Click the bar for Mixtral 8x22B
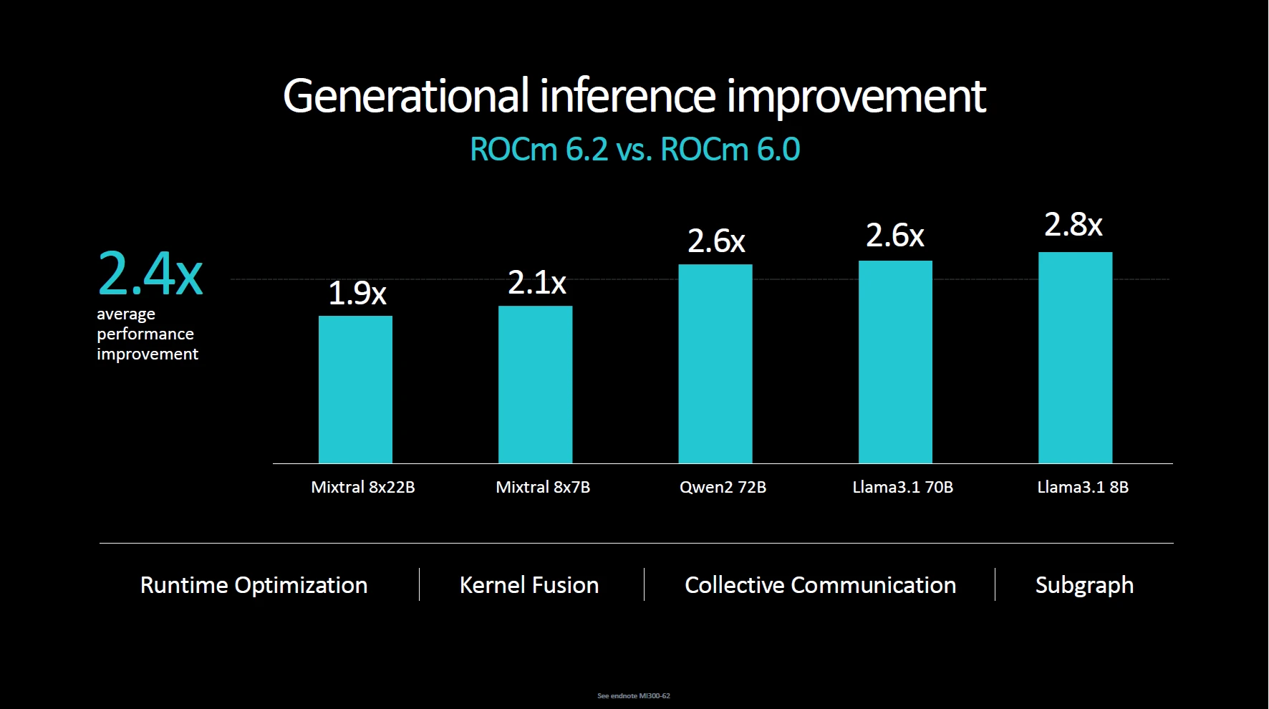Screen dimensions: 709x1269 355,390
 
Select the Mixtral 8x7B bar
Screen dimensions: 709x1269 535,385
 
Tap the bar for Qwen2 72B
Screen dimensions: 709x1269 715,364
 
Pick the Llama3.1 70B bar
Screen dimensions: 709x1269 895,362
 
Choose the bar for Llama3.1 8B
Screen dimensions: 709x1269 1075,357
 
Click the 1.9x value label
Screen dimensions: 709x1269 357,294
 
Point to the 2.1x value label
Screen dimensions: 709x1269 536,284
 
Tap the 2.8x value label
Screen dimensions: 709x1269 1073,225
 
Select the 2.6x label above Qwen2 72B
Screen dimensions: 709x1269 716,241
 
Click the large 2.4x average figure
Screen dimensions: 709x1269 150,274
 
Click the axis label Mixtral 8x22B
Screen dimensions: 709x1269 362,488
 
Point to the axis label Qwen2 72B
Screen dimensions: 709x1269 723,488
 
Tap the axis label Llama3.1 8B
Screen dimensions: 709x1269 1082,488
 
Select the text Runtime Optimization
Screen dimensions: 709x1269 254,585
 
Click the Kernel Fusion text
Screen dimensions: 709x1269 529,585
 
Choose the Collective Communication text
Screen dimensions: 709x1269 820,585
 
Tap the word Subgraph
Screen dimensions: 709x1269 1084,586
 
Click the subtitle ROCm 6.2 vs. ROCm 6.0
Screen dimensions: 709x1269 634,150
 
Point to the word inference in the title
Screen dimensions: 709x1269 627,96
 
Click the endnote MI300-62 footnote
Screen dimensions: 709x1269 634,696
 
